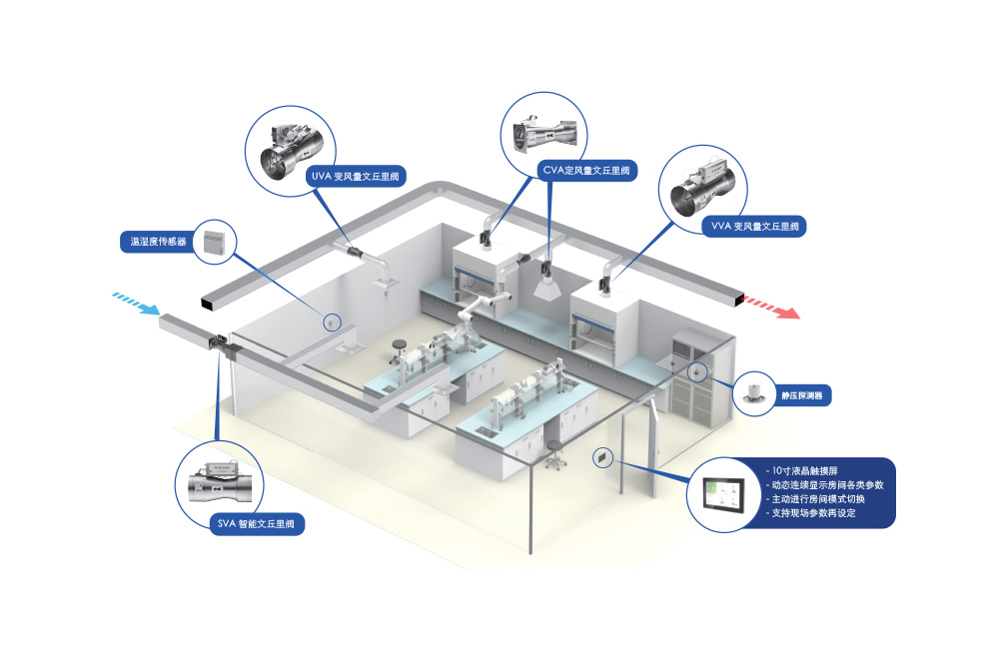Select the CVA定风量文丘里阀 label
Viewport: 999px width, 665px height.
pos(585,171)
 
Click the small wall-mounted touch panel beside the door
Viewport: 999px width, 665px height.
pos(603,457)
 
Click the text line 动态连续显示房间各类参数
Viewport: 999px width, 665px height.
pos(827,484)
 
